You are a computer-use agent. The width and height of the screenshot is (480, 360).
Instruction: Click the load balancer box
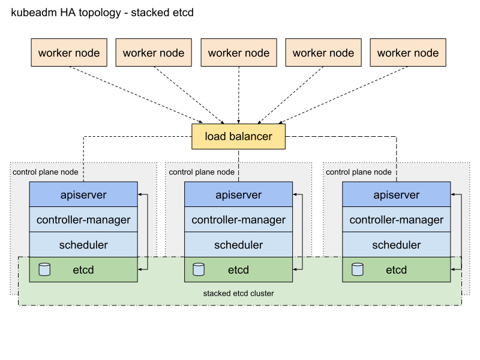pyautogui.click(x=238, y=136)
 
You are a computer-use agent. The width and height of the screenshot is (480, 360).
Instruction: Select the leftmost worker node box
pyautogui.click(x=69, y=53)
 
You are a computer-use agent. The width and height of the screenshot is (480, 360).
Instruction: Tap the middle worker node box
pyautogui.click(x=239, y=53)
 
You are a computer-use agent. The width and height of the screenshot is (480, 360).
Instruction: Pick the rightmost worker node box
pyautogui.click(x=408, y=53)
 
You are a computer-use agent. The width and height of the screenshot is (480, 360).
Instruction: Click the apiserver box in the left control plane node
pyautogui.click(x=83, y=195)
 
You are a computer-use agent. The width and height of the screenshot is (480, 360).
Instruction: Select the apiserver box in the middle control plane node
pyautogui.click(x=238, y=195)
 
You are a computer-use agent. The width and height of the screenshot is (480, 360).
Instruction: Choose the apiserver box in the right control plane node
pyautogui.click(x=396, y=195)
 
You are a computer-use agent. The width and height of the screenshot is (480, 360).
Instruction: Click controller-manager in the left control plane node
pyautogui.click(x=83, y=220)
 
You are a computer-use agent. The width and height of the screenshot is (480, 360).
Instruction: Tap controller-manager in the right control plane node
pyautogui.click(x=396, y=220)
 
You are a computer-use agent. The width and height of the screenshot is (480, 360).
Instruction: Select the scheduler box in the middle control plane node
pyautogui.click(x=238, y=245)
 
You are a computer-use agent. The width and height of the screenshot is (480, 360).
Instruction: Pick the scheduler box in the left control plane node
pyautogui.click(x=83, y=245)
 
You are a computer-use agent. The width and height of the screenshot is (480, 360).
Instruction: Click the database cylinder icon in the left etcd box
pyautogui.click(x=44, y=269)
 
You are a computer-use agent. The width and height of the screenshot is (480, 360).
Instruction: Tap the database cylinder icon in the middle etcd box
pyautogui.click(x=199, y=269)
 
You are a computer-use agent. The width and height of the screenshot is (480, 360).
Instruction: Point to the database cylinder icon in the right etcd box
pyautogui.click(x=357, y=269)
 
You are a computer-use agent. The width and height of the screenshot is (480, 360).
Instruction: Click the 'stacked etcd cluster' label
pyautogui.click(x=239, y=293)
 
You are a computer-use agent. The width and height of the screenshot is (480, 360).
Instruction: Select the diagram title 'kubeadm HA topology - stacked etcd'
pyautogui.click(x=102, y=13)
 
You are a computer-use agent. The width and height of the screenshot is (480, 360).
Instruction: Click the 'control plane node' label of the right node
pyautogui.click(x=358, y=172)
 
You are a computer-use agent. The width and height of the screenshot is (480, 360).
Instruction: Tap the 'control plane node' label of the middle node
pyautogui.click(x=202, y=172)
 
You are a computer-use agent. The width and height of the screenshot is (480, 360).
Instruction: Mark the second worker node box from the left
pyautogui.click(x=154, y=53)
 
